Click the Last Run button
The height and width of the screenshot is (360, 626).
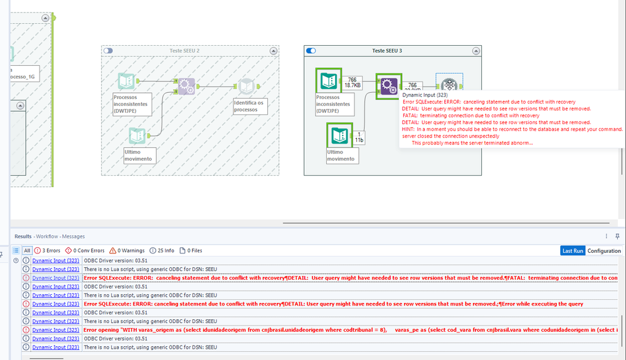[x=573, y=251]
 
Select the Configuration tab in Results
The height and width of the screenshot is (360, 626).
[x=603, y=251]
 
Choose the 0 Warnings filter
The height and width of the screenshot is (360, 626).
[x=127, y=251]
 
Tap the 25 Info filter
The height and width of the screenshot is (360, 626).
[x=162, y=251]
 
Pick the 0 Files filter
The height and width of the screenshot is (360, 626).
[x=191, y=251]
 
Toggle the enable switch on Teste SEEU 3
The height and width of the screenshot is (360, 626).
[x=310, y=50]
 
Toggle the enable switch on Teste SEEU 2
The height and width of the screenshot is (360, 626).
[x=109, y=50]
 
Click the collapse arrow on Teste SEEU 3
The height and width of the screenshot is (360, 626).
[x=475, y=50]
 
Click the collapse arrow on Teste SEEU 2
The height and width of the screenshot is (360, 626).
[x=273, y=50]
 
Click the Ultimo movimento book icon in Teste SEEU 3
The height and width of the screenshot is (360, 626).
[x=339, y=135]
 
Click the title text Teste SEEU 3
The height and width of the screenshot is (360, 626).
[x=387, y=50]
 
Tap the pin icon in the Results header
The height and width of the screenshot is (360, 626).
[x=617, y=236]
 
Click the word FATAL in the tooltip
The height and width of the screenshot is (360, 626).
[x=411, y=115]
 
